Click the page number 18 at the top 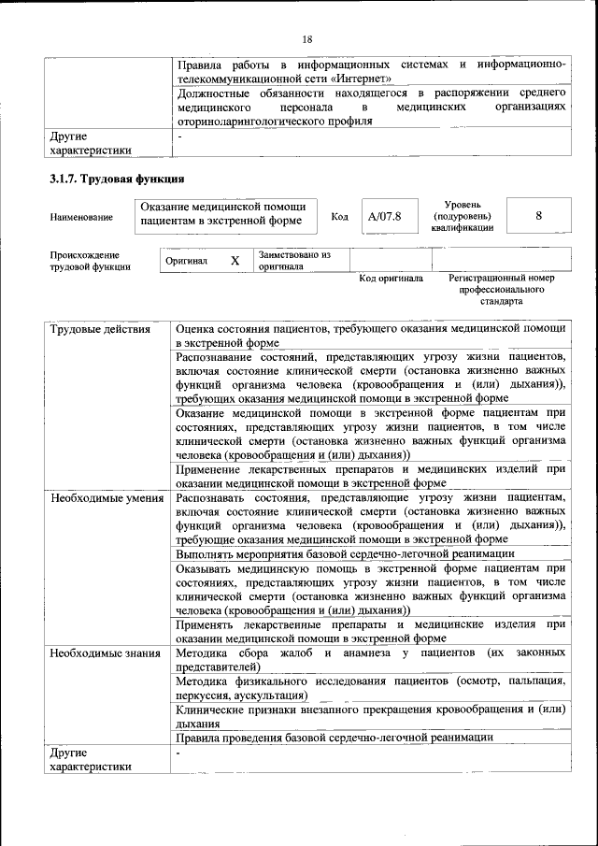(x=307, y=38)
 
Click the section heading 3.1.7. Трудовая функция (x=117, y=178)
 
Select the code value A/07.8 (x=384, y=217)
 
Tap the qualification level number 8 (x=538, y=216)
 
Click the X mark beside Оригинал (x=235, y=261)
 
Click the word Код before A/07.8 (x=339, y=217)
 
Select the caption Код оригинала (x=391, y=279)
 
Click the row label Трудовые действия (x=99, y=329)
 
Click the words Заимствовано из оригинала (x=294, y=260)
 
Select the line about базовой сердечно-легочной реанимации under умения (x=334, y=553)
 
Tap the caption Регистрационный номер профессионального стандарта (x=502, y=290)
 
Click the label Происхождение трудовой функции (x=91, y=261)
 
